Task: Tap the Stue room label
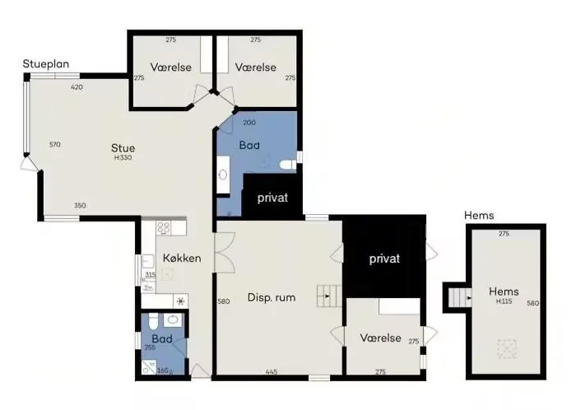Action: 123,148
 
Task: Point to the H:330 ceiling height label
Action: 123,157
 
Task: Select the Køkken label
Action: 182,258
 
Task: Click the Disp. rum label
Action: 271,297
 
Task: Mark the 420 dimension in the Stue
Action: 77,87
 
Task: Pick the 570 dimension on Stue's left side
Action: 55,145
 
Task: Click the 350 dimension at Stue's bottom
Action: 80,205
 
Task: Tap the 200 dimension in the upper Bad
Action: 249,123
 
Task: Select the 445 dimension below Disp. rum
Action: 272,372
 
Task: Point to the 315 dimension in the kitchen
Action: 150,275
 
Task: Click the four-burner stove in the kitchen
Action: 163,229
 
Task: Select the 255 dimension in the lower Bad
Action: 150,347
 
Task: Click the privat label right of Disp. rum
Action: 384,259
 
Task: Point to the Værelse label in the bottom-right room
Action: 380,338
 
